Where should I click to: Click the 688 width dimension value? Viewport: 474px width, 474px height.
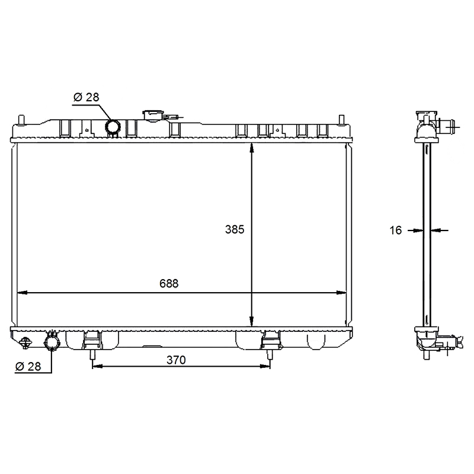(x=169, y=284)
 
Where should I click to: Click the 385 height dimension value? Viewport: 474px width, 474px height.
(x=235, y=229)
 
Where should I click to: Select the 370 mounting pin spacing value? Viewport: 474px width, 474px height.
(x=176, y=360)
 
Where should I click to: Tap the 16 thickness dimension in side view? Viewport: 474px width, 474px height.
(x=395, y=230)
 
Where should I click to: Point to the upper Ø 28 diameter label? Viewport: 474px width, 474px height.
(x=86, y=97)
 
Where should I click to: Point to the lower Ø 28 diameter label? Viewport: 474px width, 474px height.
(x=28, y=366)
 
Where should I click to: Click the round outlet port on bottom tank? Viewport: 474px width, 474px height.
(x=52, y=342)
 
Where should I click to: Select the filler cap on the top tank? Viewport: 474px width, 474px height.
(x=153, y=115)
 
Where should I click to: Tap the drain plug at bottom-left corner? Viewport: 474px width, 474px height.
(x=25, y=342)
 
